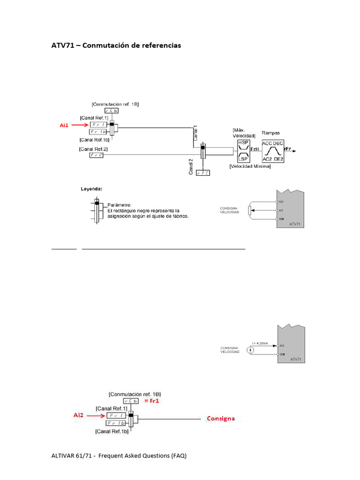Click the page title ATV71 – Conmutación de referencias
tap(116, 45)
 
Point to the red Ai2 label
tap(79, 415)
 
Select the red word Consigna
tap(221, 418)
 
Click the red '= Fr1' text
tap(152, 401)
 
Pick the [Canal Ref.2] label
tap(94, 149)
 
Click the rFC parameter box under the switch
tap(203, 173)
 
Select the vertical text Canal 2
tap(191, 167)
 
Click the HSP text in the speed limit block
tap(244, 142)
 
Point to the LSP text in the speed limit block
tap(244, 159)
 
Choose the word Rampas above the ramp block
tap(271, 133)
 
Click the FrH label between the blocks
tap(255, 149)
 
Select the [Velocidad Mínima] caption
tap(250, 166)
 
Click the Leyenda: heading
tap(90, 189)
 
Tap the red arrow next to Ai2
tap(95, 415)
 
